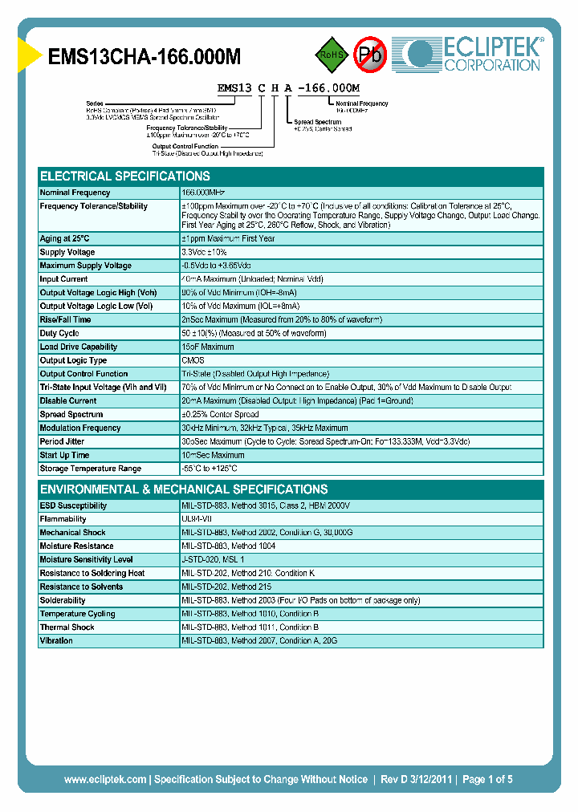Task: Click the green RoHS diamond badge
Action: click(x=330, y=56)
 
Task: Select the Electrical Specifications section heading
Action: click(x=125, y=177)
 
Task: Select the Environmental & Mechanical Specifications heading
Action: click(x=184, y=489)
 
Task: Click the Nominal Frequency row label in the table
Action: click(x=75, y=193)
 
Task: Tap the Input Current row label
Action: click(x=64, y=279)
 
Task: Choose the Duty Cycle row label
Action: click(x=59, y=333)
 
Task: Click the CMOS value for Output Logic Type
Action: click(x=193, y=360)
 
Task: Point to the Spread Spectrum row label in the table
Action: click(x=71, y=415)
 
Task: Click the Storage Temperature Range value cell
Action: click(x=210, y=469)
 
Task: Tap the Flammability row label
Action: click(x=63, y=519)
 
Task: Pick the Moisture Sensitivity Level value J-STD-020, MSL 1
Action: click(x=213, y=559)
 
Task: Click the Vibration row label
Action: click(x=56, y=640)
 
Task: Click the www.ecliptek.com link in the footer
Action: click(x=105, y=779)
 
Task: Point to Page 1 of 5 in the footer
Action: click(x=487, y=779)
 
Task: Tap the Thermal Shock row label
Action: click(x=67, y=627)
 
